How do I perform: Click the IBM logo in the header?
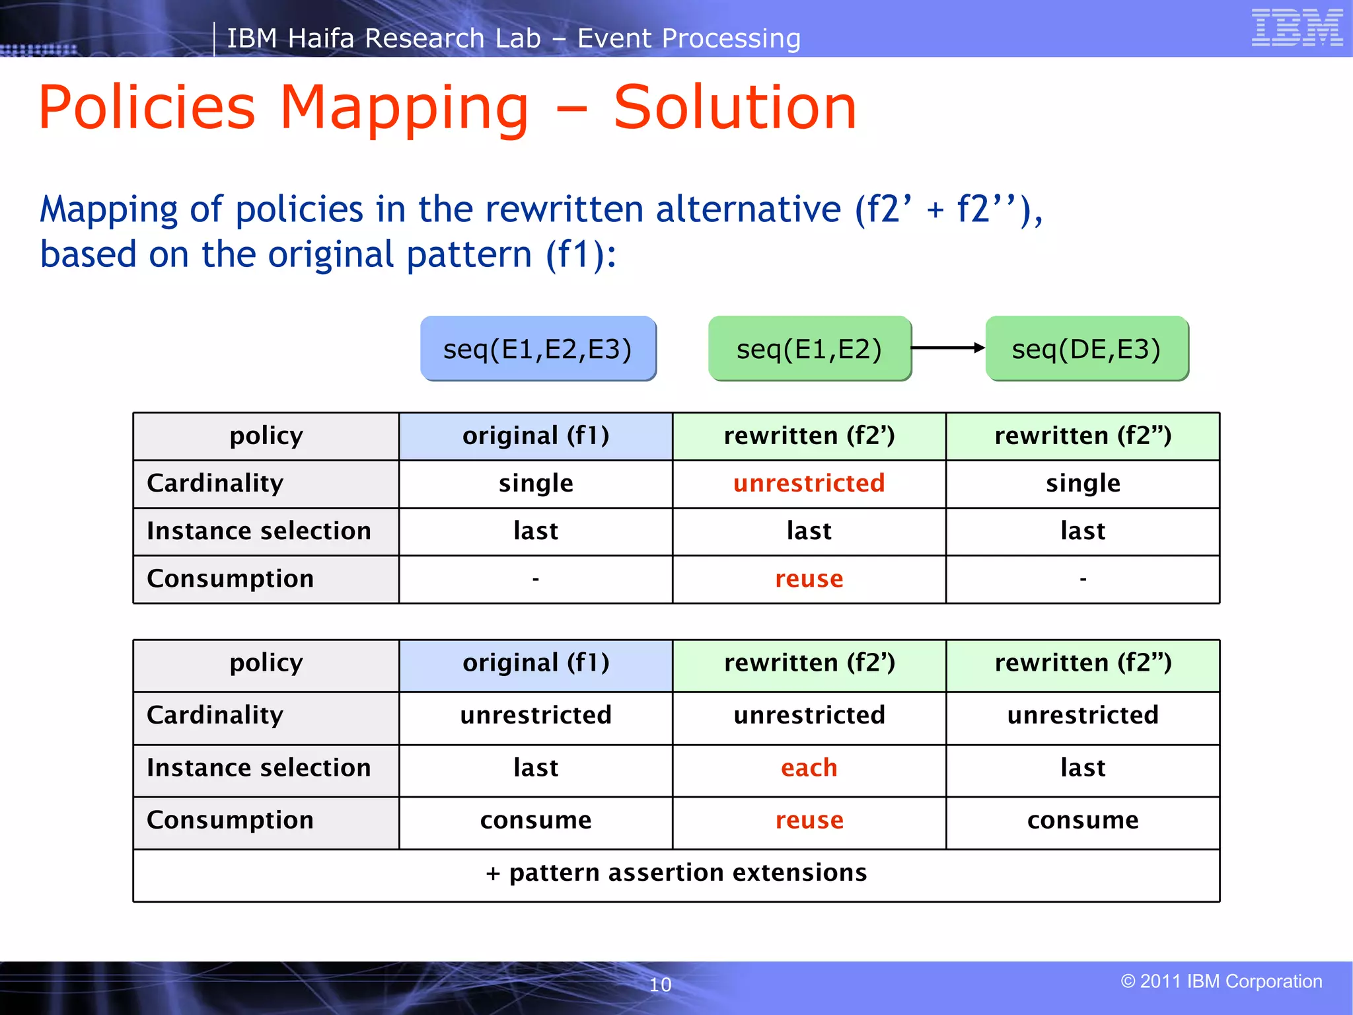tap(1296, 28)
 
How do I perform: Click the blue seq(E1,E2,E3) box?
tap(538, 348)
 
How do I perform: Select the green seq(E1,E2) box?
tap(809, 348)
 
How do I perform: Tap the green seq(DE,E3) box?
tap(1086, 348)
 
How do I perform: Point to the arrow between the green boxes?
tap(947, 348)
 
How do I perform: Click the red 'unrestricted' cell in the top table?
tap(809, 483)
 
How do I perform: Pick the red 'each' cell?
tap(809, 768)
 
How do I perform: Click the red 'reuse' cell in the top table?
tap(809, 579)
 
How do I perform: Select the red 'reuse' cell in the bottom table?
tap(809, 820)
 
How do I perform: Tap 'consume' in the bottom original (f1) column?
tap(536, 820)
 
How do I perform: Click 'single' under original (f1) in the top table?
tap(536, 483)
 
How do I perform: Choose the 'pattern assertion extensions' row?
tap(676, 873)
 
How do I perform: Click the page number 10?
tap(660, 985)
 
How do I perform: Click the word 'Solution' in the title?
tap(735, 108)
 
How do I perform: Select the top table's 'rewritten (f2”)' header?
tap(1083, 436)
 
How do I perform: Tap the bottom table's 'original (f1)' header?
tap(536, 663)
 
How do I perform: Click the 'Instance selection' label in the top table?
tap(259, 531)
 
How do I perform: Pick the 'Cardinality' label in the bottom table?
tap(215, 715)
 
